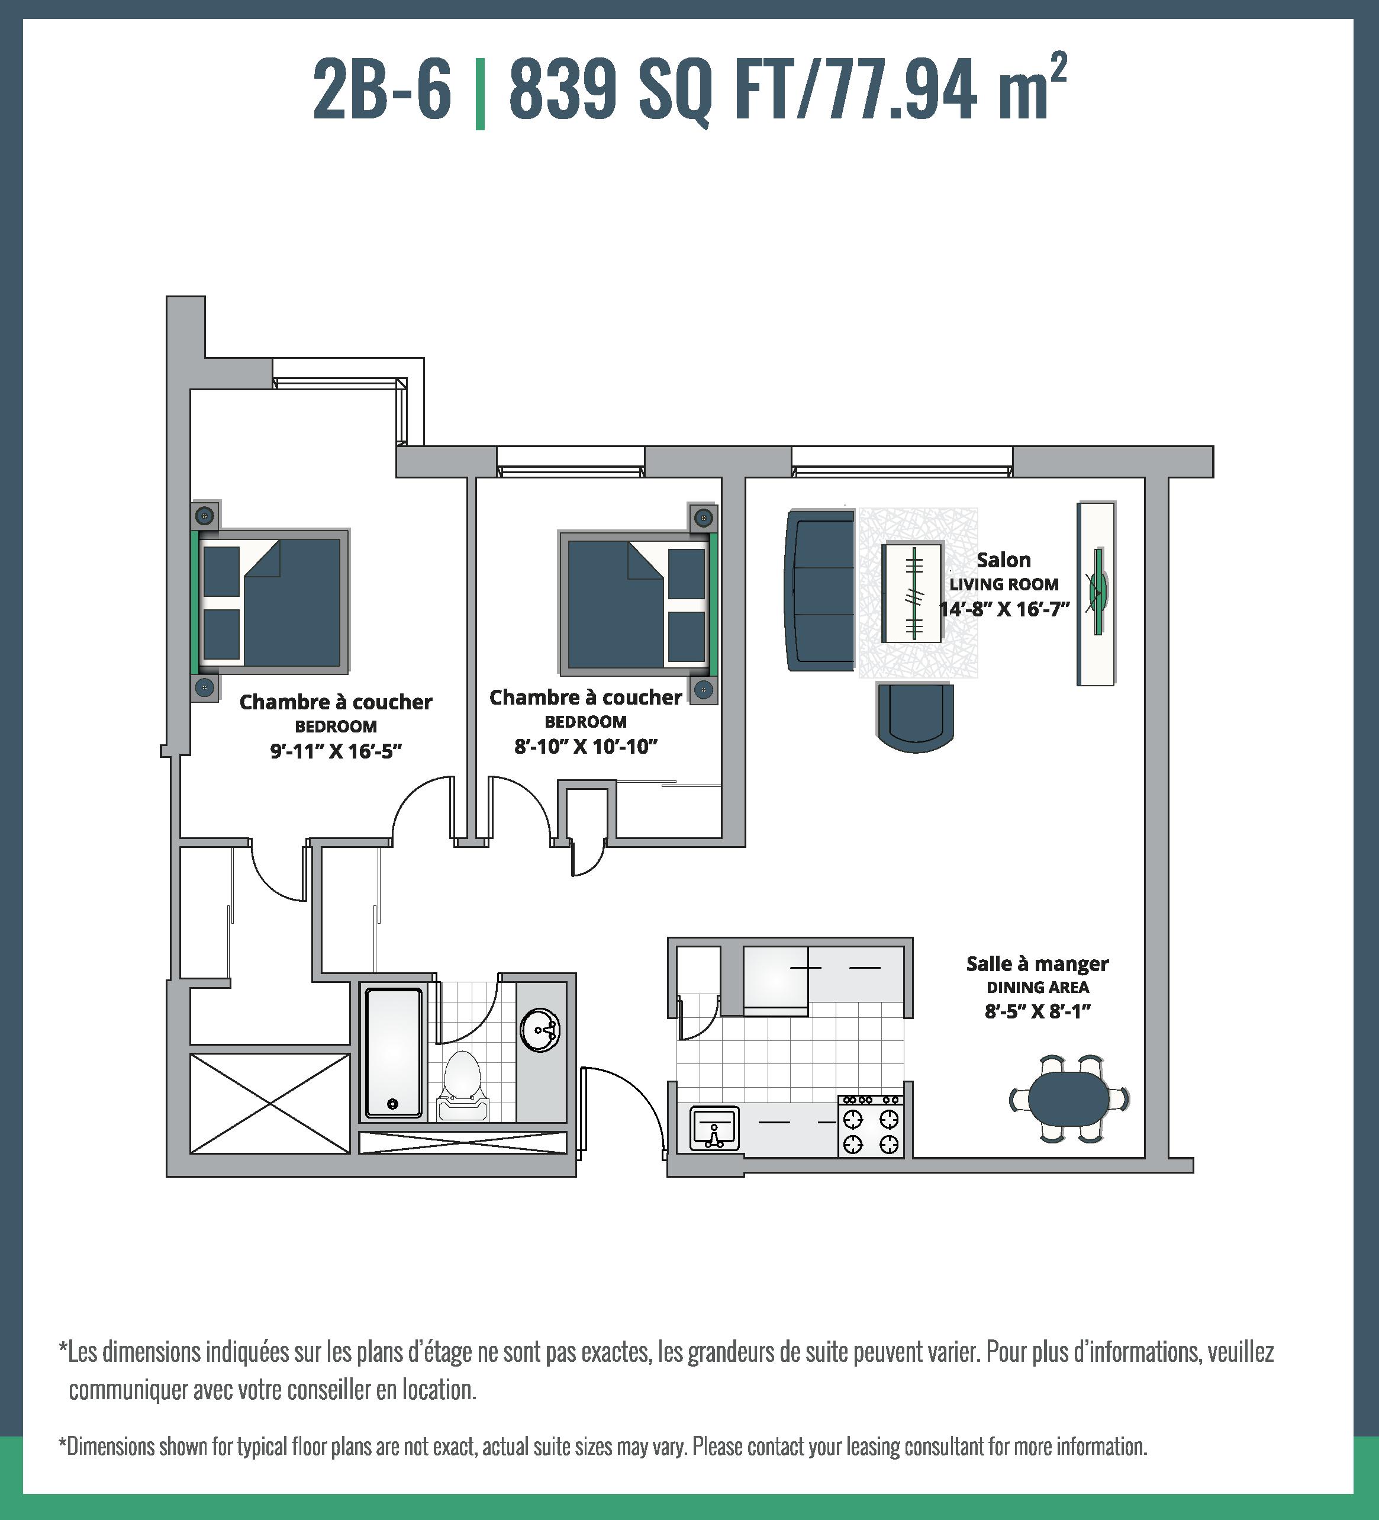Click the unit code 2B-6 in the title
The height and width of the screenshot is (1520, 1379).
tap(382, 89)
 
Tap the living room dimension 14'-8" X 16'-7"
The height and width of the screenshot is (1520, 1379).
tap(1004, 609)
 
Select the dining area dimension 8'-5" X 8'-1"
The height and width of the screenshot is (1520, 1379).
tap(1038, 1011)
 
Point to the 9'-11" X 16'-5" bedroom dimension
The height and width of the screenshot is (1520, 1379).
tap(336, 751)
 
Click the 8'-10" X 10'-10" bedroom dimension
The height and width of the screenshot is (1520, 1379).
tap(587, 747)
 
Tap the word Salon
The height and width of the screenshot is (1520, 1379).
tap(1004, 560)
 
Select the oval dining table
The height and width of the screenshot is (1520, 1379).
tap(1069, 1098)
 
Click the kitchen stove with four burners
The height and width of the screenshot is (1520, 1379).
tap(871, 1126)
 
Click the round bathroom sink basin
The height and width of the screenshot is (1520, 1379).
tap(540, 1030)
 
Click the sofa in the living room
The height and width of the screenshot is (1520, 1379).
tap(820, 590)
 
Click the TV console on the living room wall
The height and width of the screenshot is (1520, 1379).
tap(1096, 593)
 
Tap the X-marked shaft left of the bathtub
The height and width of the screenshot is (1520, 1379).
tap(270, 1103)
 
